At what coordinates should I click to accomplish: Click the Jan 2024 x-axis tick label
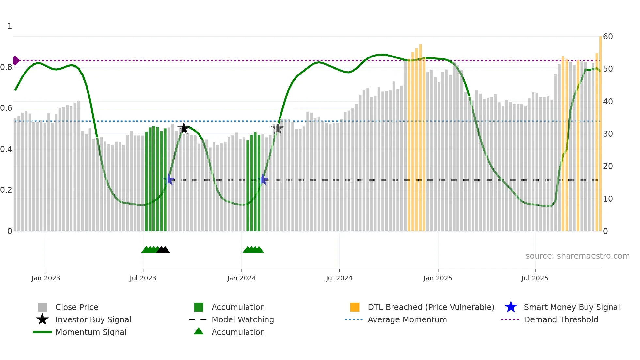[241, 278]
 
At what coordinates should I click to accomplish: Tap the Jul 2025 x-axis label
[535, 278]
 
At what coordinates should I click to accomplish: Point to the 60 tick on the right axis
[608, 37]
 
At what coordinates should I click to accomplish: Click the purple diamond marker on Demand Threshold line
[16, 60]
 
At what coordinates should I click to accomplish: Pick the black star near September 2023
[184, 128]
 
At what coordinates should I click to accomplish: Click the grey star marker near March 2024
[277, 129]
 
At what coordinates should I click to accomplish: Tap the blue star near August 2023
[169, 179]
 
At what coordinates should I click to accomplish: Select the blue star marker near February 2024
[263, 179]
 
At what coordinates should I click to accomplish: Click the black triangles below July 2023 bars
[163, 250]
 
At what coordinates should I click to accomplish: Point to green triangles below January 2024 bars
[253, 250]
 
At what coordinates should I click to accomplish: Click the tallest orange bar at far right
[600, 131]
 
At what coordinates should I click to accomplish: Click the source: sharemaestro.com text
[577, 256]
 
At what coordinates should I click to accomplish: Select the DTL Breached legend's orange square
[355, 307]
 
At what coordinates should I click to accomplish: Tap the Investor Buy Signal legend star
[42, 319]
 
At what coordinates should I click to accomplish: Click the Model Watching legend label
[243, 319]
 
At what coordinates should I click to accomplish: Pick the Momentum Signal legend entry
[91, 332]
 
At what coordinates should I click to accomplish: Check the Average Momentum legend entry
[407, 319]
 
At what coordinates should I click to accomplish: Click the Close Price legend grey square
[42, 307]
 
